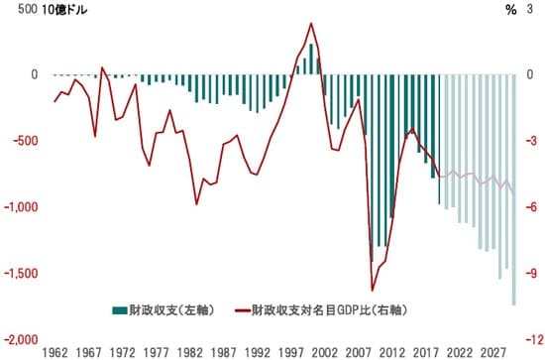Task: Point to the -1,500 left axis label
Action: pos(23,273)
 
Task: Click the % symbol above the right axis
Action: pos(510,10)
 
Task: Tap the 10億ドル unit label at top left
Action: pos(64,10)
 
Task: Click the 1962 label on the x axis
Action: pos(55,352)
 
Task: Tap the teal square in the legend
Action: pos(119,308)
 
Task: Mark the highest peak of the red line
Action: pos(312,24)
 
